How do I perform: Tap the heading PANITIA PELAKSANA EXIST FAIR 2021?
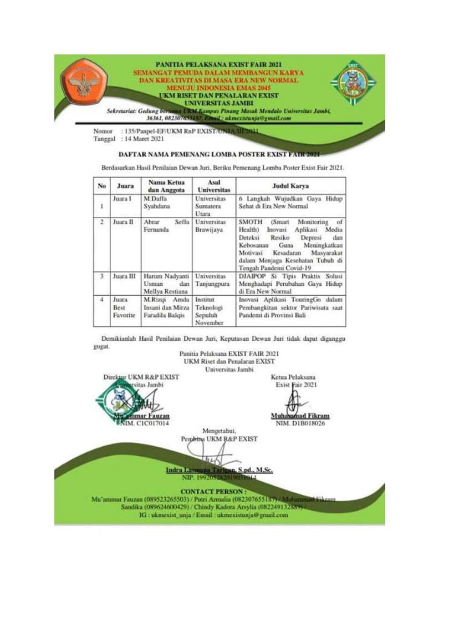[x=220, y=65]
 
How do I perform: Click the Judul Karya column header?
[x=290, y=185]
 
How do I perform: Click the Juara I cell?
[x=122, y=198]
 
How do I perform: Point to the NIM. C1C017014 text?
[x=145, y=423]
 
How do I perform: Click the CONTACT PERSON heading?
[x=217, y=492]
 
